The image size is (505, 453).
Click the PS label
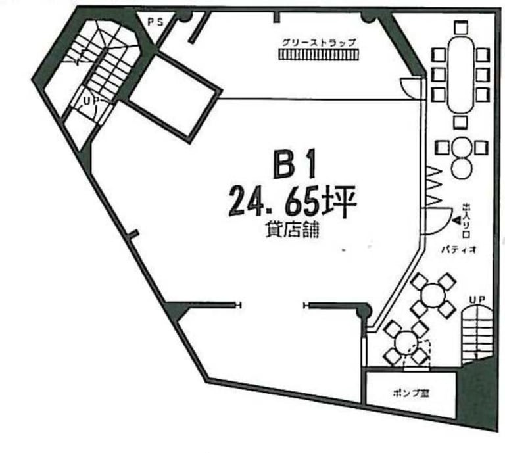(155, 22)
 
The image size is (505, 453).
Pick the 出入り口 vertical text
(466, 220)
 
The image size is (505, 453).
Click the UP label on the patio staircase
(476, 300)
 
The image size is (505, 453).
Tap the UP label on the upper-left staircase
(89, 101)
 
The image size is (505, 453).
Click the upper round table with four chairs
(432, 295)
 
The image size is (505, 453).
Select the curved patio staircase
(475, 333)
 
